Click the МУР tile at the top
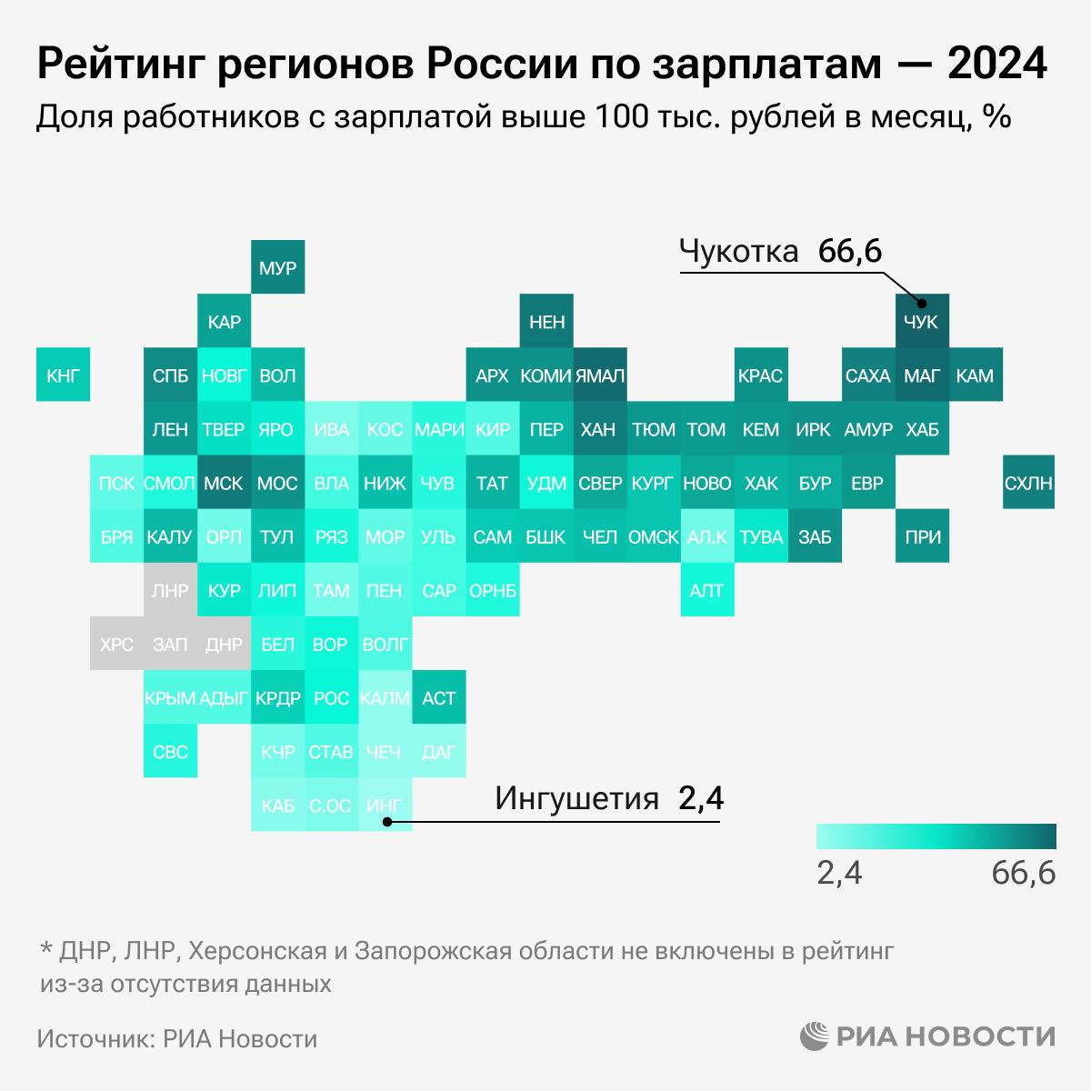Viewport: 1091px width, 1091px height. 277,268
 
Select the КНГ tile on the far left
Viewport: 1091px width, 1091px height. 63,375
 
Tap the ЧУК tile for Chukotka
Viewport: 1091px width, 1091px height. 921,321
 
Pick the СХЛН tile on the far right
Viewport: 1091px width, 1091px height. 1028,482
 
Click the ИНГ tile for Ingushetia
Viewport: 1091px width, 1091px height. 385,805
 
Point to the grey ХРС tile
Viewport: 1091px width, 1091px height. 116,644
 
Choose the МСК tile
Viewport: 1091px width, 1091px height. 224,482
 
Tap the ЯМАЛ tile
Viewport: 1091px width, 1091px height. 600,375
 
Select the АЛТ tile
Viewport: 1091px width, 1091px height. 706,590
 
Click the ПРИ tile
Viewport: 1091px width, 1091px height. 922,536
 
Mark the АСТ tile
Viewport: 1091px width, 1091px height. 438,697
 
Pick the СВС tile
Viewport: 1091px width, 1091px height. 170,751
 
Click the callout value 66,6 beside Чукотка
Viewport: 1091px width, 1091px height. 849,252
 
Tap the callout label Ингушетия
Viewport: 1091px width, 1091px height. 576,798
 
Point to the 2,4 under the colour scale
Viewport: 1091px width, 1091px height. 839,873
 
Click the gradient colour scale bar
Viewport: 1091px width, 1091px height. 936,836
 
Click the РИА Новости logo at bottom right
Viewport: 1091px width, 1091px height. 927,1036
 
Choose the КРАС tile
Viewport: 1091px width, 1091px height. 760,375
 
